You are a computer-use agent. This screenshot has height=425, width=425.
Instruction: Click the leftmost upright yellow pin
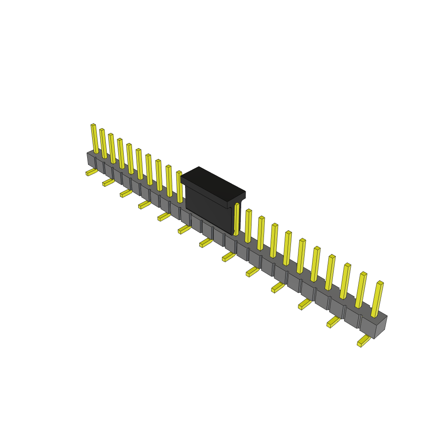coord(95,139)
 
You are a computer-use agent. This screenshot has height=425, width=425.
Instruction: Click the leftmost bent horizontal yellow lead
coord(91,171)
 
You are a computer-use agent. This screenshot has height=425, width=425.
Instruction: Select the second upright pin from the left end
coord(103,144)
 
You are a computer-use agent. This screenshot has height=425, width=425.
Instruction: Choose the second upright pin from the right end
coord(361,291)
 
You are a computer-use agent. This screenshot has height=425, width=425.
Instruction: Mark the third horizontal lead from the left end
coord(126,193)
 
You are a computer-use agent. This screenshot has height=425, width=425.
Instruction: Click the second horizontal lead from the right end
coord(333,322)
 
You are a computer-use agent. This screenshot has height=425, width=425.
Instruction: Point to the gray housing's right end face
coord(381,328)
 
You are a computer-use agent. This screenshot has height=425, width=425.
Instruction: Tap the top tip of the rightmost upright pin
coord(380,283)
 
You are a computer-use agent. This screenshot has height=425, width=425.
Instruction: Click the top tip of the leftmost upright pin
coord(93,125)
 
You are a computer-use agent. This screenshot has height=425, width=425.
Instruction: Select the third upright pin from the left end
coord(112,149)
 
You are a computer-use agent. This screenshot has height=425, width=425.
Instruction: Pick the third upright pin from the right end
coord(345,281)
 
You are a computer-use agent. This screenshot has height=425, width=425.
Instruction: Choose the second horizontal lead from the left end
coord(108,182)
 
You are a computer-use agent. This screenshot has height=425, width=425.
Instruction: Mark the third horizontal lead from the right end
coord(305,304)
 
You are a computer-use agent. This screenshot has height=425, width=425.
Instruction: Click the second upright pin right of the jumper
coord(248,226)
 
